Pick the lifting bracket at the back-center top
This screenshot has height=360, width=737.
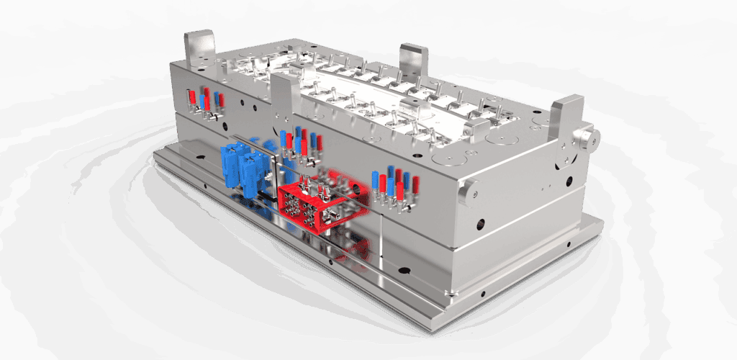413,60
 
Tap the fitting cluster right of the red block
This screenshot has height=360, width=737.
394,188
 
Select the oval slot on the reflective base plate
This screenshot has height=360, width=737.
404,273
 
